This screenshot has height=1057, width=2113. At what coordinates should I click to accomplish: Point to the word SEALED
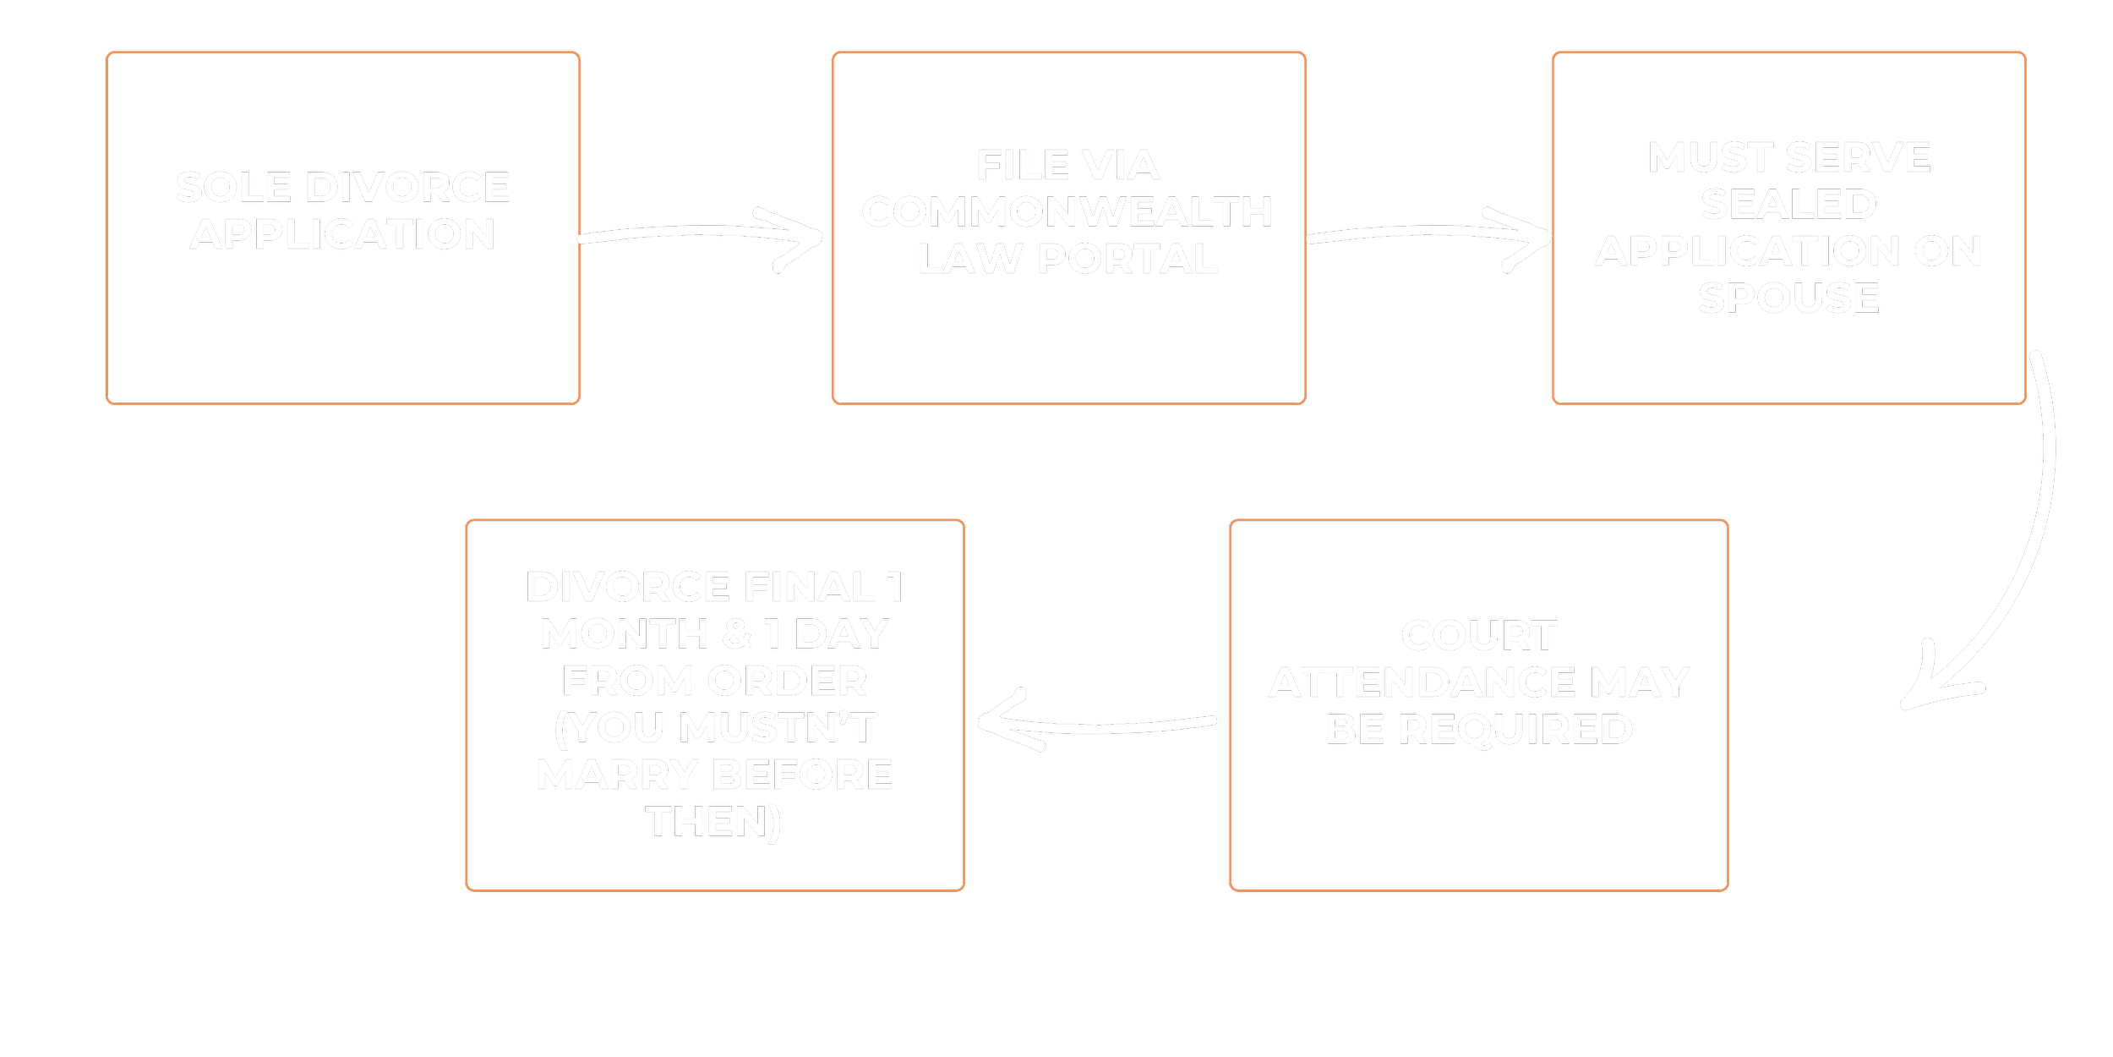click(1788, 205)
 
